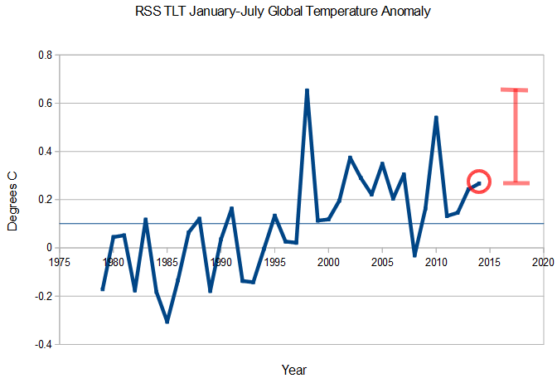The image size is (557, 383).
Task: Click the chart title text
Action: (281, 12)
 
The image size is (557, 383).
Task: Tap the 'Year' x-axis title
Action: (294, 369)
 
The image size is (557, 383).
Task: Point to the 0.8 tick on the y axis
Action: (44, 56)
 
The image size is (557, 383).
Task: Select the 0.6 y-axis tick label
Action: (44, 104)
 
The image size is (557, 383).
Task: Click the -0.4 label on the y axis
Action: (42, 344)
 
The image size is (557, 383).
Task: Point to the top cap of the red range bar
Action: (515, 90)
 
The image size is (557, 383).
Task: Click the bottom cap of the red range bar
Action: (515, 182)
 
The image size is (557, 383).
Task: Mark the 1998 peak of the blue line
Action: (307, 90)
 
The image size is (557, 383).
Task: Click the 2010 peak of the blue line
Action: (436, 118)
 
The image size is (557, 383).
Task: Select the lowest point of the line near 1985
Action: (167, 322)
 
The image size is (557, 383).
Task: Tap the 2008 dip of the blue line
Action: (414, 255)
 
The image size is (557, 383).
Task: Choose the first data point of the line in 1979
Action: (103, 289)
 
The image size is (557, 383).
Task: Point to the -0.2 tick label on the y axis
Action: (42, 296)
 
